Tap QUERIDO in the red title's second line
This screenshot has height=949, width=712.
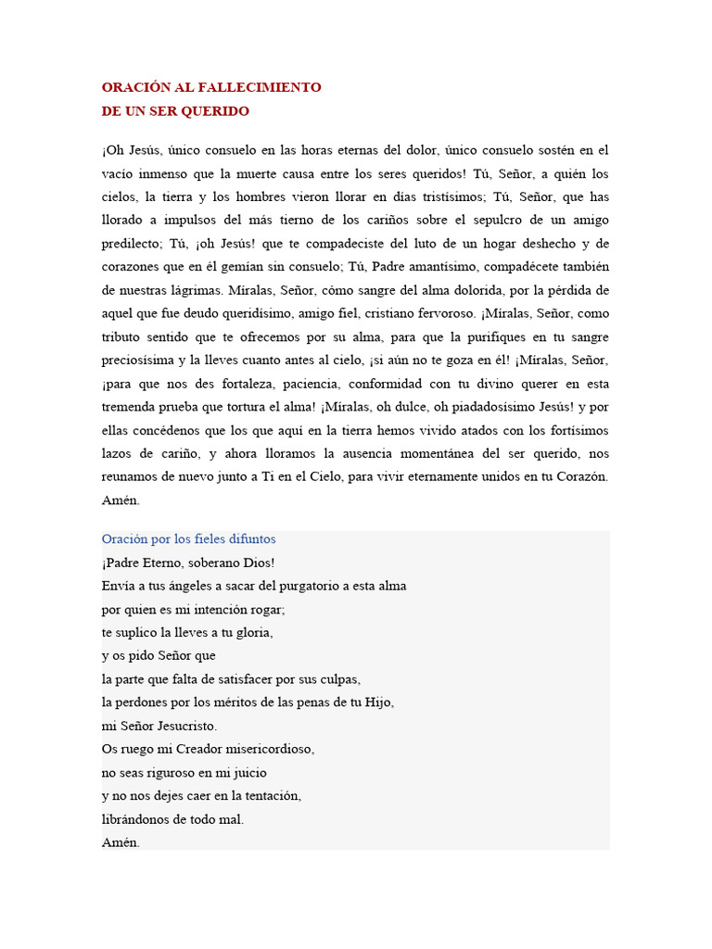tap(215, 110)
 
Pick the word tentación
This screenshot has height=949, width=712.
tap(268, 795)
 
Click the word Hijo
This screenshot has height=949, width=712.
tap(379, 702)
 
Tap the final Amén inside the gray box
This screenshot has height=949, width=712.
tap(121, 842)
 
